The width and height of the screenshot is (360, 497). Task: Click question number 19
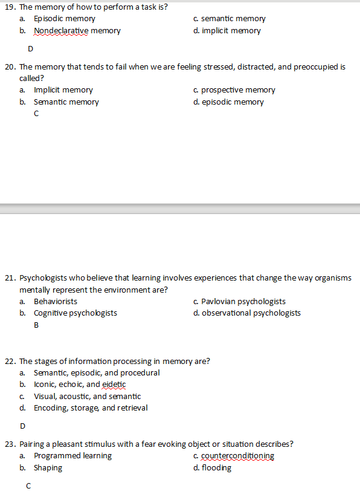(x=10, y=7)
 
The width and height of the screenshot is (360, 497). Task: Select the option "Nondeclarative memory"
(x=77, y=31)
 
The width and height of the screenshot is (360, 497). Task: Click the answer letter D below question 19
(x=30, y=48)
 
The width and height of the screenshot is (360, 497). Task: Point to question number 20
(x=10, y=67)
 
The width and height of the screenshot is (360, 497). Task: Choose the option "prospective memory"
(x=237, y=90)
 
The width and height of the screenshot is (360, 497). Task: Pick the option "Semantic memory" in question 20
(x=66, y=102)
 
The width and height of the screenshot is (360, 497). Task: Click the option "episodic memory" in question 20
(x=233, y=102)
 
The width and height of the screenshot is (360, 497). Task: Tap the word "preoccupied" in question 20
(x=317, y=67)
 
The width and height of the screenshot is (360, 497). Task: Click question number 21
(x=10, y=278)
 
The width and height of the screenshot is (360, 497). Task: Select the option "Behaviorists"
(x=55, y=301)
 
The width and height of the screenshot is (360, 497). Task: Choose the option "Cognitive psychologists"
(x=75, y=313)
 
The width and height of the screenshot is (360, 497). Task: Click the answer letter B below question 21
(x=36, y=325)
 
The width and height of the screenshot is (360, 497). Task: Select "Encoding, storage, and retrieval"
(x=91, y=408)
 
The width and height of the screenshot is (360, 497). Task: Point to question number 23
(x=10, y=444)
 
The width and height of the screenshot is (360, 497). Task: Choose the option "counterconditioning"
(x=237, y=456)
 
